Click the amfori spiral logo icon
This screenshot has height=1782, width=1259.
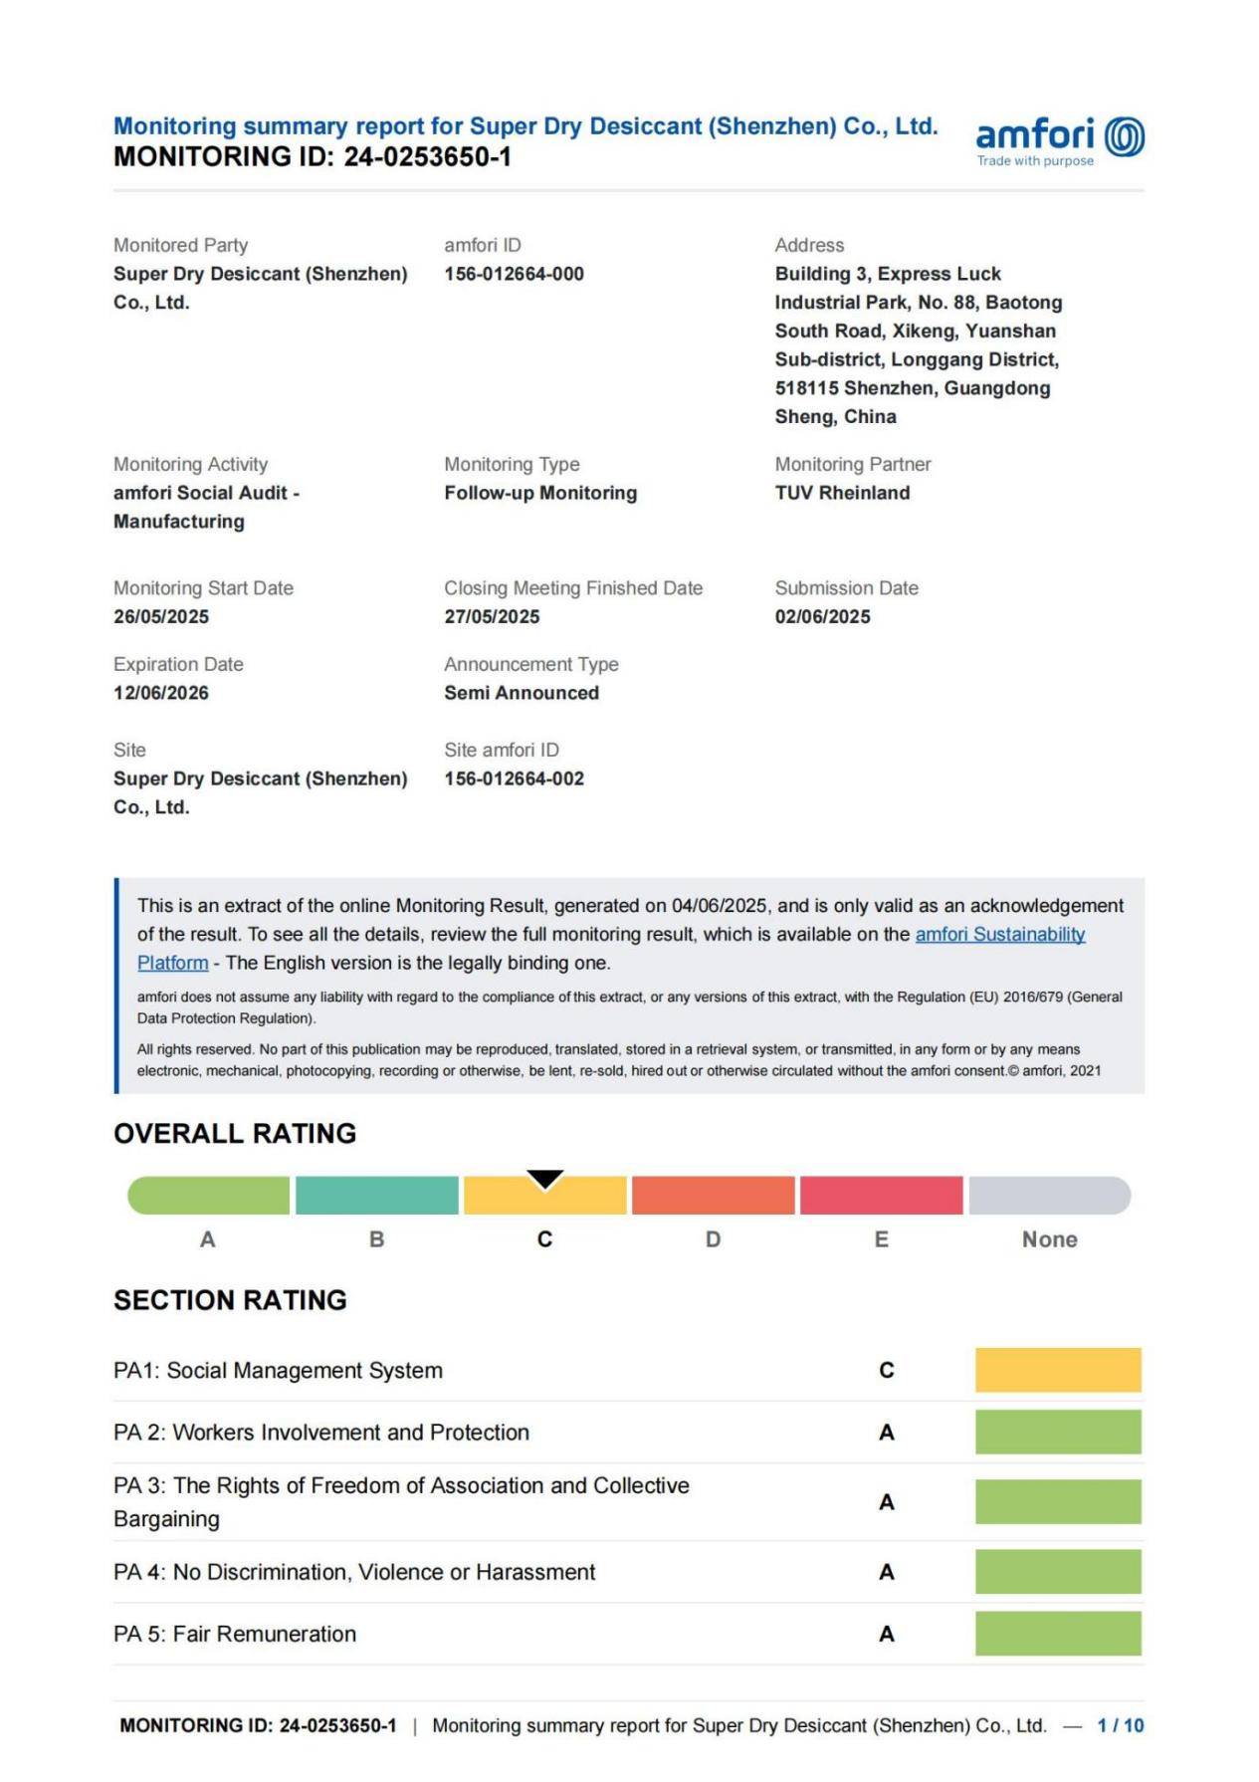tap(1125, 136)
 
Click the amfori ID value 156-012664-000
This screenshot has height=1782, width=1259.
tap(514, 274)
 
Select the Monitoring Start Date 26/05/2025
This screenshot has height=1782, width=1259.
tap(161, 616)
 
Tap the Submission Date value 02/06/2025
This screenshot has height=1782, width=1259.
tap(822, 616)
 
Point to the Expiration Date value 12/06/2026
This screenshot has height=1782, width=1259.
tap(161, 693)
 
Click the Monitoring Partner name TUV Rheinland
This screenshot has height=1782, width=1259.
tap(842, 493)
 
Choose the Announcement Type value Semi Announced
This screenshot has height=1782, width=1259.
tap(522, 693)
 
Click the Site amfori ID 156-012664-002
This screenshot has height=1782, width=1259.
tap(514, 779)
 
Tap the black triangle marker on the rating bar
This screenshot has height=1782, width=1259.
tap(545, 1179)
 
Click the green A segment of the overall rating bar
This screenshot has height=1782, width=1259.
tap(209, 1196)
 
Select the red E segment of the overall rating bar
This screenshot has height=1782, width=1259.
tap(881, 1196)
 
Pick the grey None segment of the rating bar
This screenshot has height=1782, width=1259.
tap(1049, 1196)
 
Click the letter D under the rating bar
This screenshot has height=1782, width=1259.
tap(713, 1239)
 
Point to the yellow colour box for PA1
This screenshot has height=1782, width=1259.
tap(1058, 1370)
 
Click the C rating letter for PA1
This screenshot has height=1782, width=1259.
tap(887, 1371)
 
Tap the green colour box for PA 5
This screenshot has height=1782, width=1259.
tap(1058, 1634)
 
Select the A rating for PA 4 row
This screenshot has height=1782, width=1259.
tap(887, 1572)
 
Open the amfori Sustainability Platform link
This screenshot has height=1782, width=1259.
tap(999, 934)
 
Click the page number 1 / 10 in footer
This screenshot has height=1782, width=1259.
tap(1120, 1725)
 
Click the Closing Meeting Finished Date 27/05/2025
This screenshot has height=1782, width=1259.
tap(492, 616)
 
